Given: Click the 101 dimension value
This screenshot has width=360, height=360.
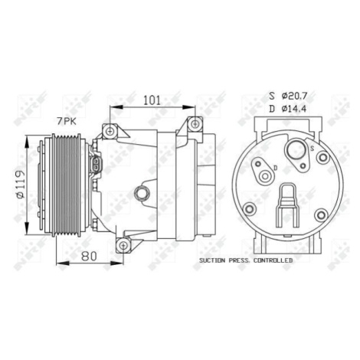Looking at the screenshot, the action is tap(152, 100).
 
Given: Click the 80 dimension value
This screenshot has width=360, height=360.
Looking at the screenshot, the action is tap(89, 256).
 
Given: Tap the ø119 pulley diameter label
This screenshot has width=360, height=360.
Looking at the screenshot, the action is tap(20, 184).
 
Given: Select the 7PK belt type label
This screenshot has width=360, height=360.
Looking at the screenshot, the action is tap(67, 121).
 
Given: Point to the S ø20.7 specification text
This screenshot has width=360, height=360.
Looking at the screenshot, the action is tap(288, 96).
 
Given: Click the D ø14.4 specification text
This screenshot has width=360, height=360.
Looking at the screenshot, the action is tap(288, 109).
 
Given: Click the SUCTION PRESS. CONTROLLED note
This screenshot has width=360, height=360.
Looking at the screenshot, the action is tap(246, 260).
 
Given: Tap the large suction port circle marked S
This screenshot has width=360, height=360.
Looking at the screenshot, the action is tap(296, 150).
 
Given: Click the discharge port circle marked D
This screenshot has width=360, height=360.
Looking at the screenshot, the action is tap(265, 176).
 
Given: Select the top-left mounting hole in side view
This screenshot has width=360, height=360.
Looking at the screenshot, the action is tap(110, 132).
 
